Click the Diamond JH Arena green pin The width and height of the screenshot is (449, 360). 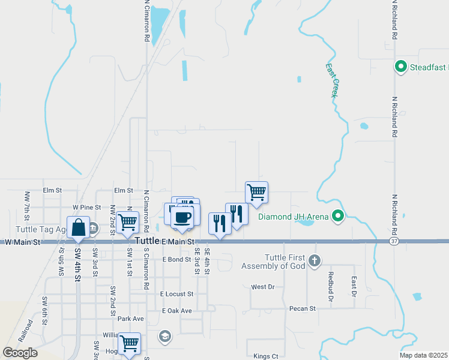(x=338, y=217)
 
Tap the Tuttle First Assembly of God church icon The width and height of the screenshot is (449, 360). (x=315, y=261)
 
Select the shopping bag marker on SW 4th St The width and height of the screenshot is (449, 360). (x=78, y=228)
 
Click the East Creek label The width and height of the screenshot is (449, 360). (x=332, y=80)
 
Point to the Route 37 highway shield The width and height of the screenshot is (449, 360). (x=393, y=241)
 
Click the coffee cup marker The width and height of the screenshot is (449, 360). (x=182, y=217)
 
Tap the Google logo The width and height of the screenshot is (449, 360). (x=20, y=353)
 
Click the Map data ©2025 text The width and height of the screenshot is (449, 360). (x=423, y=355)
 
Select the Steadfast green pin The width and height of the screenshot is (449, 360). (x=400, y=67)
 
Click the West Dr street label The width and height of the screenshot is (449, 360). (x=262, y=287)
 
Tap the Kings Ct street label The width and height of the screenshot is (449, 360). (x=266, y=356)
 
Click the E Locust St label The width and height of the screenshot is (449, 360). (x=176, y=294)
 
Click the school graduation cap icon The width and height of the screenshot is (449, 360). (x=164, y=336)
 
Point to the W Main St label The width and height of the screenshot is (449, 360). (x=22, y=242)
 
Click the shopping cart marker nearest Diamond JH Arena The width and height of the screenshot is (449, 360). (x=256, y=193)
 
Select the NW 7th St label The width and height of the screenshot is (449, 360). (x=26, y=205)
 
